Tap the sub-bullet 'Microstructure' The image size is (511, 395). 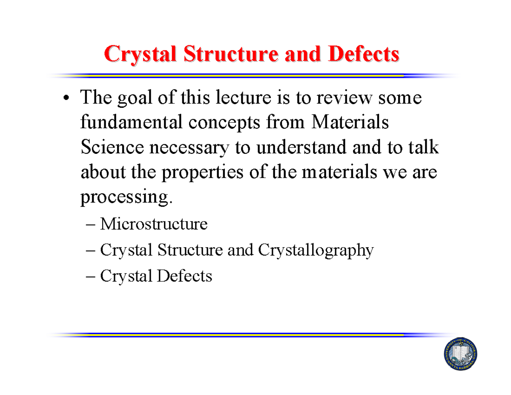coord(154,224)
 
